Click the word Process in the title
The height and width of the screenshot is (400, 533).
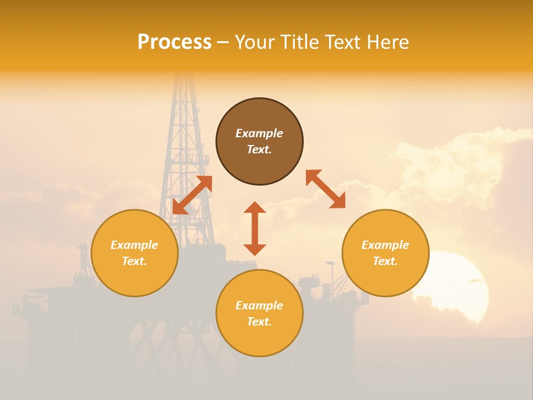[x=174, y=42]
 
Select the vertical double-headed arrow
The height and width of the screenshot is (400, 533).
[x=255, y=228]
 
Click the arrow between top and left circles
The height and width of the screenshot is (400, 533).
[x=192, y=194]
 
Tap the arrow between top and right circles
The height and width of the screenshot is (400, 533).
[x=325, y=189]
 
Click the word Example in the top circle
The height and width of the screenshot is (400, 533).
[x=259, y=133]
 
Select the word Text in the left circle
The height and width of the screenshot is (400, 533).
[x=134, y=261]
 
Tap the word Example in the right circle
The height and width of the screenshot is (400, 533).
[x=385, y=245]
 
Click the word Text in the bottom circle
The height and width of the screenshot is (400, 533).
[x=259, y=322]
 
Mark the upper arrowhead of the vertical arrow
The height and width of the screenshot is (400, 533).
[x=255, y=207]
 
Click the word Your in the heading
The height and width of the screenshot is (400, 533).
[x=255, y=42]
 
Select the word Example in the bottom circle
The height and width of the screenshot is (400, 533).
[x=259, y=306]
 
